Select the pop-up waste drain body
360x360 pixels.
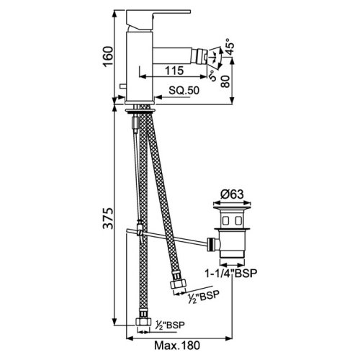[x=233, y=234]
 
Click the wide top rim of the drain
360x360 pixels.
[x=233, y=206]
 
